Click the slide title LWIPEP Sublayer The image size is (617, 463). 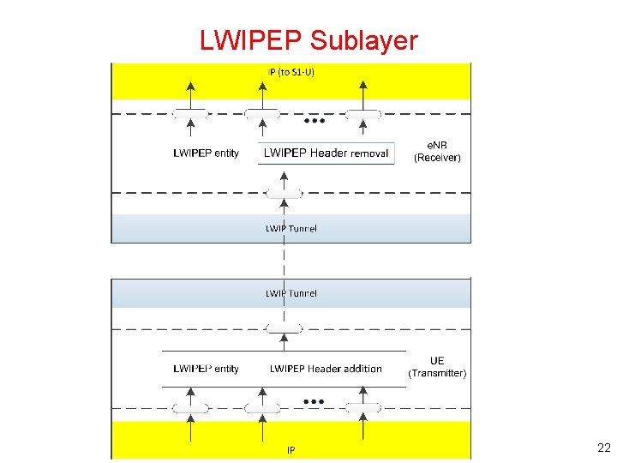point(308,40)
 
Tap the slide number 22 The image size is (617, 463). point(603,448)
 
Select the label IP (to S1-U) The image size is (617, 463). point(291,72)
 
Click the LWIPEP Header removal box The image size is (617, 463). point(326,153)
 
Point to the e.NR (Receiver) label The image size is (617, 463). point(437,151)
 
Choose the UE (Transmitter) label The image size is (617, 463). point(437,367)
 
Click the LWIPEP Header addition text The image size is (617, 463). point(326,369)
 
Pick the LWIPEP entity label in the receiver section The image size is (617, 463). point(206,153)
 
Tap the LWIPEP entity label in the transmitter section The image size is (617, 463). point(206,369)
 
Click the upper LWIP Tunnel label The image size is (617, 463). point(291,228)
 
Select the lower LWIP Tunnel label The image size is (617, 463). point(291,293)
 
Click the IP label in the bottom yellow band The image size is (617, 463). point(291,449)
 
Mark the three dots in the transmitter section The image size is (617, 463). point(313,400)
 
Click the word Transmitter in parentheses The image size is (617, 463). point(437,373)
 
